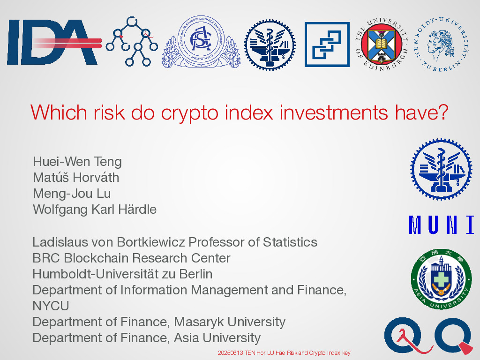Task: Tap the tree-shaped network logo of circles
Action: (132, 41)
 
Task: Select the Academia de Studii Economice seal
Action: (201, 42)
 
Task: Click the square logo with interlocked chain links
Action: (327, 45)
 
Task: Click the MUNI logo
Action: (442, 225)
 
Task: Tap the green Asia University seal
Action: (441, 279)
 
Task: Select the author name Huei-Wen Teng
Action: (77, 162)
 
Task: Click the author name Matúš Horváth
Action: (76, 178)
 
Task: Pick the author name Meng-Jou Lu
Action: (72, 194)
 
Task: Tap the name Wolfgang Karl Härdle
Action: (95, 210)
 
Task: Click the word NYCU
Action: (51, 306)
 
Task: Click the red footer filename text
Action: (284, 352)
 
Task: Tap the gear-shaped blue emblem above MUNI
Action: (441, 169)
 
